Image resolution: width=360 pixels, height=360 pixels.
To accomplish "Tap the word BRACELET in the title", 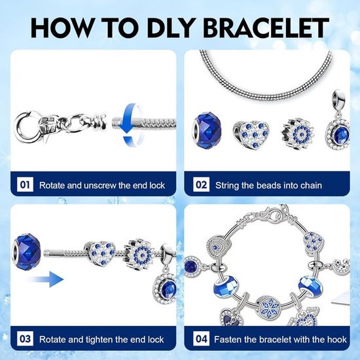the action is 267,27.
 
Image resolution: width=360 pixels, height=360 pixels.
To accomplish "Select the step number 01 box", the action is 25,185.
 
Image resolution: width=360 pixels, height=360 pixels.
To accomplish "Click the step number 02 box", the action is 201,185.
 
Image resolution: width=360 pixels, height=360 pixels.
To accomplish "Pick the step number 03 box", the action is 25,338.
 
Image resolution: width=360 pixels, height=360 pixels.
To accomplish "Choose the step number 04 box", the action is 201,338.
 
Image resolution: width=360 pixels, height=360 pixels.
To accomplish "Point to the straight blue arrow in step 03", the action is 46,279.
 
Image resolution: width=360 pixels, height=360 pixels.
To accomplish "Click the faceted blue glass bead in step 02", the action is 207,131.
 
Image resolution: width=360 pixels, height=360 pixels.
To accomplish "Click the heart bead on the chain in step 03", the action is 101,253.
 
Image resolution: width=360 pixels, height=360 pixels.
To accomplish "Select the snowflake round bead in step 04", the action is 268,307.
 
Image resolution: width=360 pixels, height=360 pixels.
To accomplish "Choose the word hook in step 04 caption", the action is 337,339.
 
